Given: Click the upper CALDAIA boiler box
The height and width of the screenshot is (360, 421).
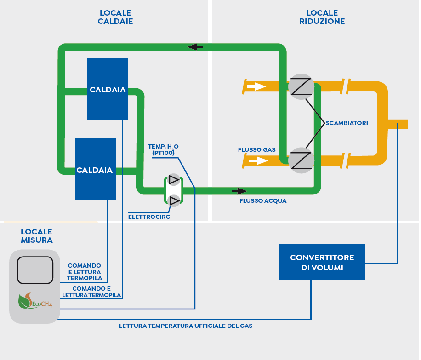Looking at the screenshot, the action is (107, 89).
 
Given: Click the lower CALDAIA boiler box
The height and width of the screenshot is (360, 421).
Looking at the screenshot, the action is (95, 169).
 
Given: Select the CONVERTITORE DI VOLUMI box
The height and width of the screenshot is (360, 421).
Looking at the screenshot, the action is (322, 262).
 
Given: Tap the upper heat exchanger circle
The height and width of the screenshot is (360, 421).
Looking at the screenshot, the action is (301, 87).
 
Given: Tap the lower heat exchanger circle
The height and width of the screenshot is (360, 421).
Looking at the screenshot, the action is (301, 160).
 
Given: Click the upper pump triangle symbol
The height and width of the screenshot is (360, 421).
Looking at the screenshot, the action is (174, 180).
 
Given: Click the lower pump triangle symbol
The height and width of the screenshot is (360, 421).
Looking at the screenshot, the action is (174, 200).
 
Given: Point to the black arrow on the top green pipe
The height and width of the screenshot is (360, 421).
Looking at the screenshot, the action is (195, 47).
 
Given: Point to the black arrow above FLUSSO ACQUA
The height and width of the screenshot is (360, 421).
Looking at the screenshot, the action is (239, 191).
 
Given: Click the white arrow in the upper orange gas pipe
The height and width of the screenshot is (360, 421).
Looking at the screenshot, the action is (256, 86).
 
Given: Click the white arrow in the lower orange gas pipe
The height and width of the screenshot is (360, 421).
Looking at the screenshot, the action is (259, 160).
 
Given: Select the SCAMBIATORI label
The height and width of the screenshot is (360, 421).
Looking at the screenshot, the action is (347, 123).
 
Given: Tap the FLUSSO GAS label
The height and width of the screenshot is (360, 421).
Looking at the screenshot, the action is (256, 149).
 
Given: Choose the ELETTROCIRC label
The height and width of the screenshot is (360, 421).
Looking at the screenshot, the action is (149, 217).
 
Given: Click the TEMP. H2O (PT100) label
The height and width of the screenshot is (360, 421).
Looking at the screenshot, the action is (163, 149).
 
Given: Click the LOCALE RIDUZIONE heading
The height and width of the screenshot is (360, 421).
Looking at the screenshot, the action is (322, 17).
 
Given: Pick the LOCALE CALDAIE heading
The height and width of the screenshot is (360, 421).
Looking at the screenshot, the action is (115, 17).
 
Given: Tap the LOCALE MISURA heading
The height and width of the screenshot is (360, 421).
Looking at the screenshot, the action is (36, 236).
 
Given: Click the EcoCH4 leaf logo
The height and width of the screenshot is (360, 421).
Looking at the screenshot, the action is (35, 301).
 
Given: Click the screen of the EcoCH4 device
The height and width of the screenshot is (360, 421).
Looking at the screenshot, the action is (35, 270).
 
